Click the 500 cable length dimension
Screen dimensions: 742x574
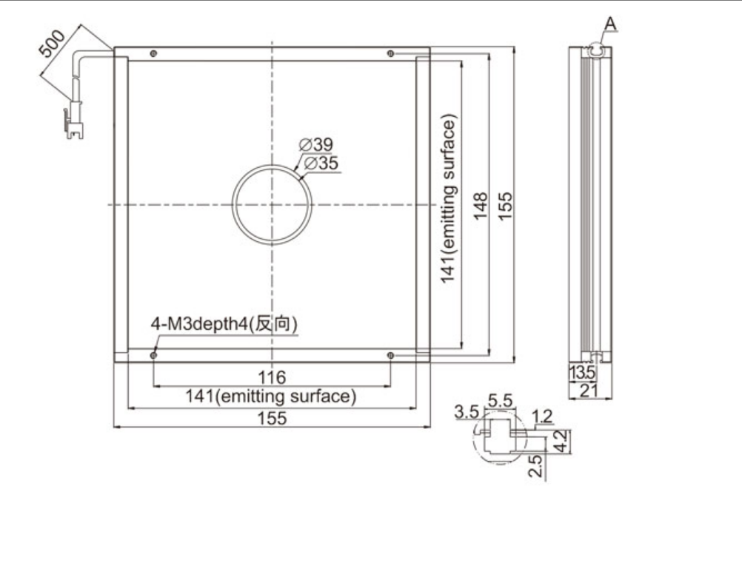[51, 43]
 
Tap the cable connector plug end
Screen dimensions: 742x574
[73, 124]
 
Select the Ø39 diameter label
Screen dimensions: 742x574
[316, 144]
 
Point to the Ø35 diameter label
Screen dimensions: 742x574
[321, 163]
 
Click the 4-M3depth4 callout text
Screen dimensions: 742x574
[224, 324]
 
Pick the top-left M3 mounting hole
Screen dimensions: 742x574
[153, 54]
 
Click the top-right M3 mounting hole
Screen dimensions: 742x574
[390, 54]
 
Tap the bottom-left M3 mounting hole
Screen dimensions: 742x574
[153, 355]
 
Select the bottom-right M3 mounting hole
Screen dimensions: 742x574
[390, 355]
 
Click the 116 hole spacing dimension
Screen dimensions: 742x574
[272, 377]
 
